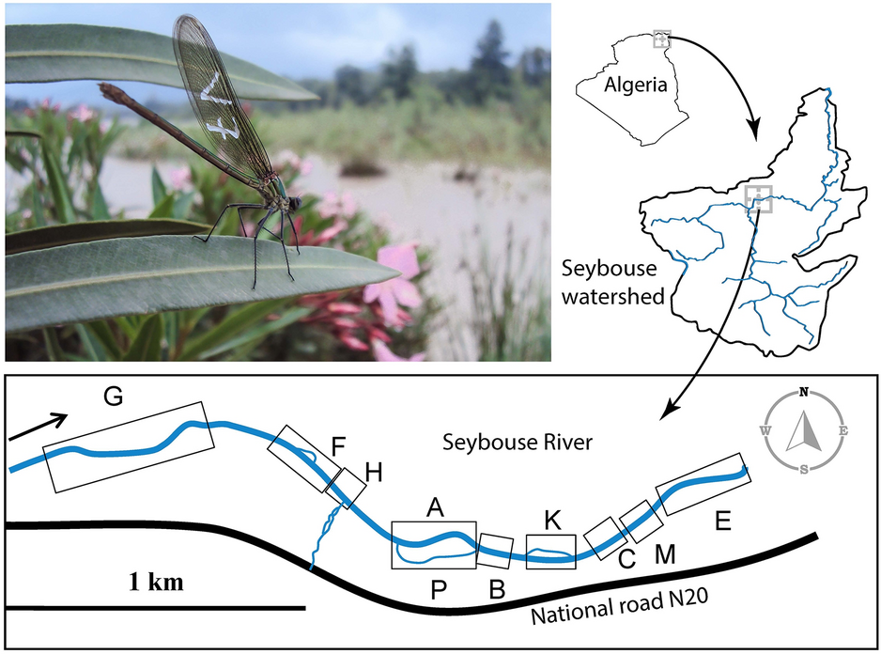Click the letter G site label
pyautogui.click(x=113, y=397)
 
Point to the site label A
pyautogui.click(x=434, y=507)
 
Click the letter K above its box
pyautogui.click(x=552, y=519)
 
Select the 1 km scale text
pyautogui.click(x=155, y=583)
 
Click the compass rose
pyautogui.click(x=804, y=431)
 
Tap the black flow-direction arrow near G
pyautogui.click(x=40, y=425)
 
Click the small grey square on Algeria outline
pyautogui.click(x=662, y=39)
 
